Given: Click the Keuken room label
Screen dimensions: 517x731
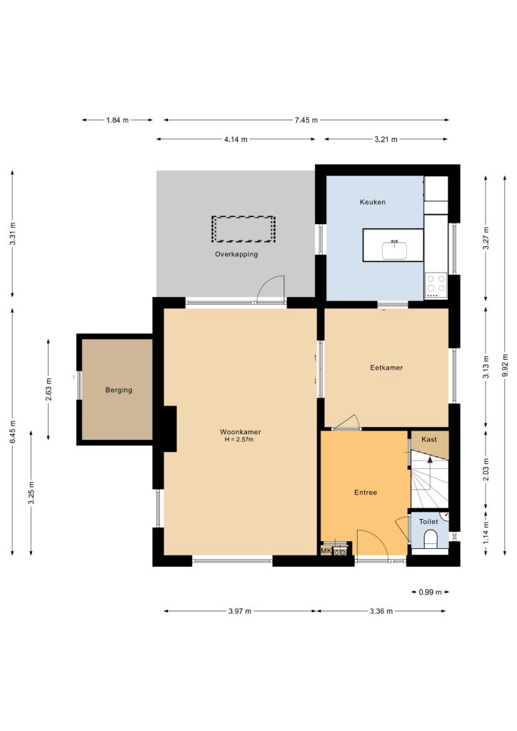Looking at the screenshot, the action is pos(373,202).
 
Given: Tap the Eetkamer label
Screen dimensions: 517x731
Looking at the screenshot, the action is pos(386,368).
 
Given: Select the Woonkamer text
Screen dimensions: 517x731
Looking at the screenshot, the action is pos(240,432).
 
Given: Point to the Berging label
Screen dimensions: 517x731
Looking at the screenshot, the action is pos(119,390).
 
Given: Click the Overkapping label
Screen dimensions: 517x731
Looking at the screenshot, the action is pos(236,254).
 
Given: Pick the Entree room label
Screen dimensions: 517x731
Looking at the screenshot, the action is pos(366,493).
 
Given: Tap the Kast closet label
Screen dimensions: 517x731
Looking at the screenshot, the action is pos(429,439).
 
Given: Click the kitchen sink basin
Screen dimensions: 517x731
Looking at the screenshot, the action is pos(395,250).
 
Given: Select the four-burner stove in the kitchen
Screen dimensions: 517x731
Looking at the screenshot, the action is pos(436,286).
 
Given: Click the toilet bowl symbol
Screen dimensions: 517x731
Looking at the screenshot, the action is pos(431,541).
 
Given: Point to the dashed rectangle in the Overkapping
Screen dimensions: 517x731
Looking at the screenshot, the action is pos(243,229).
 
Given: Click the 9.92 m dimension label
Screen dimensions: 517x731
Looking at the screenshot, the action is pos(505,366).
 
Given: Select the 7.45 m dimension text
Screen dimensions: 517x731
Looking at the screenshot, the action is pos(306,120).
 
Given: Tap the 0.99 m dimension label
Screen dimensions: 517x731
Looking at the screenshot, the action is pos(430,592).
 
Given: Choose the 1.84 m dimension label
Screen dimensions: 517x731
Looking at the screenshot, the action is pos(117,120).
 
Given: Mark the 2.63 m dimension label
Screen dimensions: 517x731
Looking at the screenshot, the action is pos(49,389).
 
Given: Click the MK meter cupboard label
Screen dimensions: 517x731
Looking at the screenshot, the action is pos(326,550).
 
